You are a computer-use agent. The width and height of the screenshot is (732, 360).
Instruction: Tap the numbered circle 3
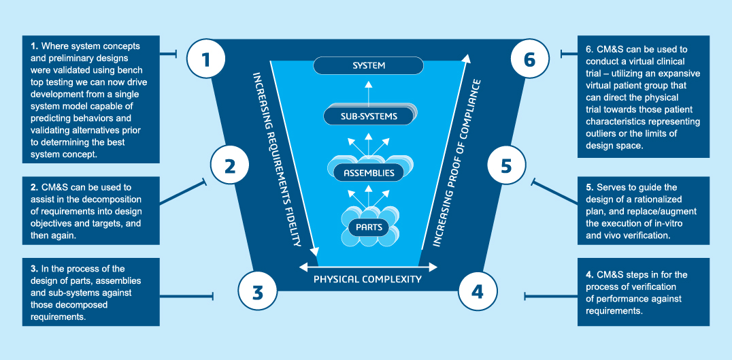click(x=257, y=293)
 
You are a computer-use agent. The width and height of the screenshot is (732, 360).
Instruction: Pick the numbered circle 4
click(x=478, y=293)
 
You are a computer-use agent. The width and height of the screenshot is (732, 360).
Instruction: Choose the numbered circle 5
click(x=505, y=166)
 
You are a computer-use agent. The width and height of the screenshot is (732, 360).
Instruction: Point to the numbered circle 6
click(x=530, y=59)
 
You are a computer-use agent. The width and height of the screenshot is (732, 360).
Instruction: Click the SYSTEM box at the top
click(x=369, y=66)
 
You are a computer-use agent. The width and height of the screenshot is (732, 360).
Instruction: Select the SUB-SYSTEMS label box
click(x=369, y=116)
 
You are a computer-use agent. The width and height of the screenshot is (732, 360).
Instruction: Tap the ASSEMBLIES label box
click(x=368, y=173)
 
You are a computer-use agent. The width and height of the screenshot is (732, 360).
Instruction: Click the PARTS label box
click(x=368, y=226)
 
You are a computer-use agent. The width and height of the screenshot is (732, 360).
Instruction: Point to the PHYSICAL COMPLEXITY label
click(x=367, y=279)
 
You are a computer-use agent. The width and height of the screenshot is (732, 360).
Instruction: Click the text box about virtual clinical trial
click(x=644, y=97)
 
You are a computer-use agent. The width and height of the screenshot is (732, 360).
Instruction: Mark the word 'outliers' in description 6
click(x=605, y=133)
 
